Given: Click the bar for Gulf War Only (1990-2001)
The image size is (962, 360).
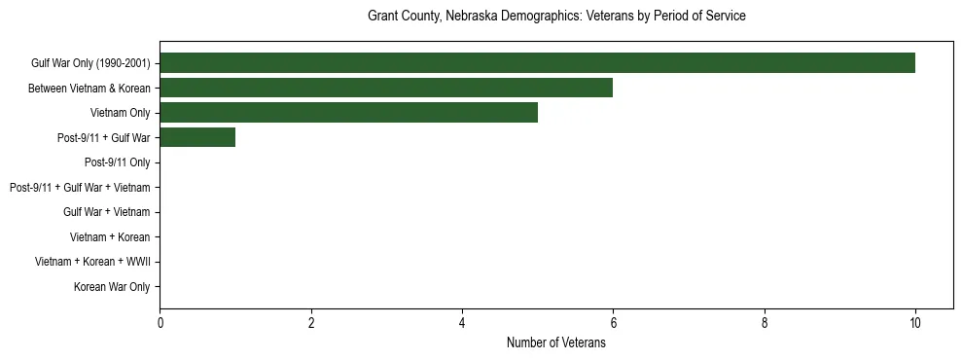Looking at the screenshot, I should pyautogui.click(x=537, y=63).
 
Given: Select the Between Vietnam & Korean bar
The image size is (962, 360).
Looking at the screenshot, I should pyautogui.click(x=386, y=88).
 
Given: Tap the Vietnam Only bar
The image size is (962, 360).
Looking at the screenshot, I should pyautogui.click(x=348, y=113).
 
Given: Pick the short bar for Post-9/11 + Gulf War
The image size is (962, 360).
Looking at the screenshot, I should pyautogui.click(x=197, y=137).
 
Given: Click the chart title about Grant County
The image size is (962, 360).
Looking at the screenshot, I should pyautogui.click(x=556, y=17).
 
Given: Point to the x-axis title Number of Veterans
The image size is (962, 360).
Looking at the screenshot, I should pyautogui.click(x=556, y=342).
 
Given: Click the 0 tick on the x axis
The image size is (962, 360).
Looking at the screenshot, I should pyautogui.click(x=160, y=323).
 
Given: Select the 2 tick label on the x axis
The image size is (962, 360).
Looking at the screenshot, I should pyautogui.click(x=311, y=323).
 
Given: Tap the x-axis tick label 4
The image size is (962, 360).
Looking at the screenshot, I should pyautogui.click(x=462, y=323).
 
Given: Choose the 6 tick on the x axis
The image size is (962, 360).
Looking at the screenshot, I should pyautogui.click(x=613, y=323).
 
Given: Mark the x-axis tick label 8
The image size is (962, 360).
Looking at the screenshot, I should pyautogui.click(x=765, y=323).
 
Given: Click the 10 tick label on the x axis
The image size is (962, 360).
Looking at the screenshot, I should pyautogui.click(x=915, y=323).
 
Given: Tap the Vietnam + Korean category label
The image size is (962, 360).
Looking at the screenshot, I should pyautogui.click(x=110, y=237).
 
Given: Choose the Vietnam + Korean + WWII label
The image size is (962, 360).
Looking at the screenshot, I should pyautogui.click(x=92, y=262).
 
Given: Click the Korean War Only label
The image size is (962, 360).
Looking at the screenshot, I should pyautogui.click(x=112, y=287).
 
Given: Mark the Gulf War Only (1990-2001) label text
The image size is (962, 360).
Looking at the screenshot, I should pyautogui.click(x=90, y=63).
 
